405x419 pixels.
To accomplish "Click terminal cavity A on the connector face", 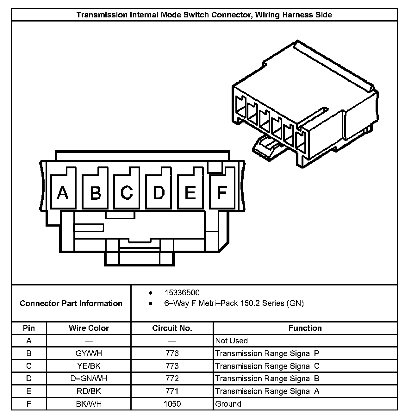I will click(63, 192).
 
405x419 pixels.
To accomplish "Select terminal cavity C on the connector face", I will click(127, 192).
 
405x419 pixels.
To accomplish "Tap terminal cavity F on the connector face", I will click(222, 192).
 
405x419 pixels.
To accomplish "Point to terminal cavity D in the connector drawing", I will click(159, 192).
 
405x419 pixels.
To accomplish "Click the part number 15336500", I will click(182, 293).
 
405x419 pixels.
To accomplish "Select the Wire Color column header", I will click(89, 328).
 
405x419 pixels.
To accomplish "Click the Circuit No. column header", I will click(172, 328).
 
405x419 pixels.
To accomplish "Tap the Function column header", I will click(305, 328).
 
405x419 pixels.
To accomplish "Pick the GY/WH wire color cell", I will click(89, 353).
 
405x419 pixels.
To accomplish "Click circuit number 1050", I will click(172, 404).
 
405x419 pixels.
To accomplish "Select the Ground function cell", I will click(228, 404).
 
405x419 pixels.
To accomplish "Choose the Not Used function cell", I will click(231, 341).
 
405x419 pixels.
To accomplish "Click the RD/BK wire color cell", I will click(89, 391).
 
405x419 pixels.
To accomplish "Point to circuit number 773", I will click(172, 366).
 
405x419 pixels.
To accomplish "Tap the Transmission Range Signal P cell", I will click(267, 353).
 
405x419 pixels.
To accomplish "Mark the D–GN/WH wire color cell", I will click(89, 378).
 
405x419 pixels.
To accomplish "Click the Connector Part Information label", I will click(71, 303).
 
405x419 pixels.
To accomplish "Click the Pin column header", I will click(29, 328).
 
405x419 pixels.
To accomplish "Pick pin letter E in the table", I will click(29, 391).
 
